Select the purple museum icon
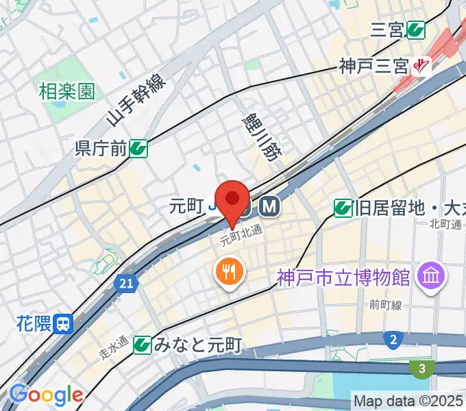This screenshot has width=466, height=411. point(432,276)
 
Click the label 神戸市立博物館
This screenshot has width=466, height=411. point(343,277)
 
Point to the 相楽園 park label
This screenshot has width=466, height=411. point(66,90)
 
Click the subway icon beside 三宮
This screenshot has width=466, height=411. point(415,29)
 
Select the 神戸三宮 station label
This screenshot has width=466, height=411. point(373,67)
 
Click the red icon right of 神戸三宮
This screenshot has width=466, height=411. point(420,67)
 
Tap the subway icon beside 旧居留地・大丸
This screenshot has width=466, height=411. point(343,206)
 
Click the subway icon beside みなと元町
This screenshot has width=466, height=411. point(143,345)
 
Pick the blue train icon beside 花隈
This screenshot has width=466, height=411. point(64,323)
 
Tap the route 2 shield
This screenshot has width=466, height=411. point(393,340)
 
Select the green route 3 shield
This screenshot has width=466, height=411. point(422,369)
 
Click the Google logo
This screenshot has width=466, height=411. point(45,395)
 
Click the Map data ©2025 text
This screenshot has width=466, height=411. point(408,400)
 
